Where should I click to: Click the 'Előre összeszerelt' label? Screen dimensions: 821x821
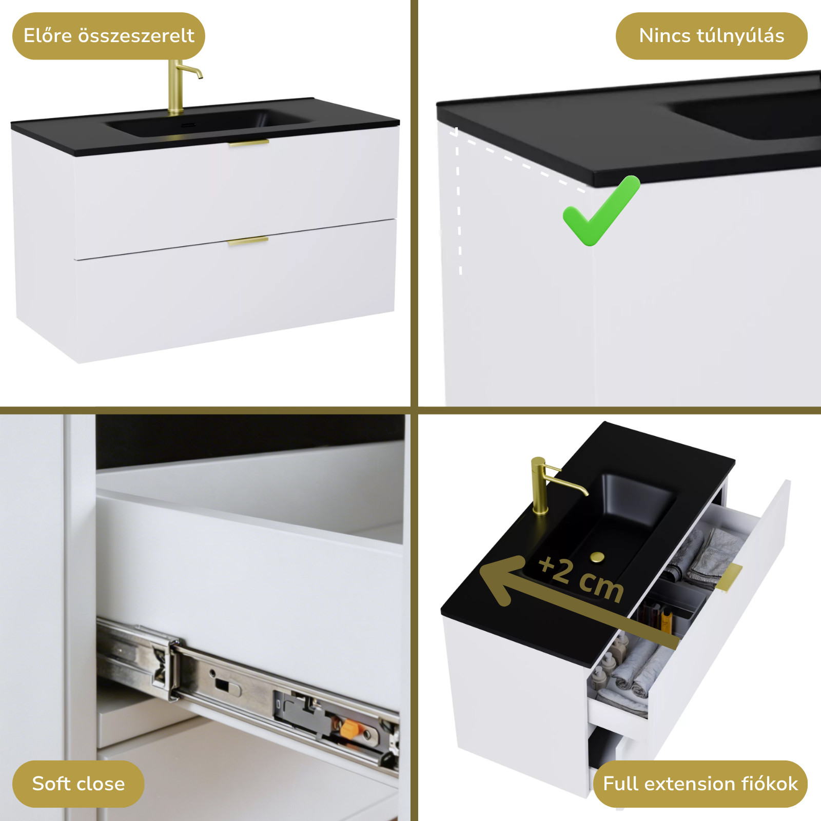[109, 36]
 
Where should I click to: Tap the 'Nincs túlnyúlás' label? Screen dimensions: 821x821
[712, 36]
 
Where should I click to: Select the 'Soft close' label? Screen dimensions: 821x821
[79, 784]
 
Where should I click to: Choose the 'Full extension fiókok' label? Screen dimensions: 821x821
[700, 784]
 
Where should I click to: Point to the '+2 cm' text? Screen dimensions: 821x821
[581, 579]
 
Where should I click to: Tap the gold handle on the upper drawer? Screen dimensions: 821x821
[249, 143]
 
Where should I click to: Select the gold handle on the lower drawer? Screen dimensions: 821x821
[248, 240]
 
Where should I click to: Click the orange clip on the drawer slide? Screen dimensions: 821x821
[350, 727]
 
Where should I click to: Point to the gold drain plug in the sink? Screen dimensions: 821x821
[597, 557]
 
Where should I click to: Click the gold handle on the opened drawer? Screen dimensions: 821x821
[733, 577]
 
